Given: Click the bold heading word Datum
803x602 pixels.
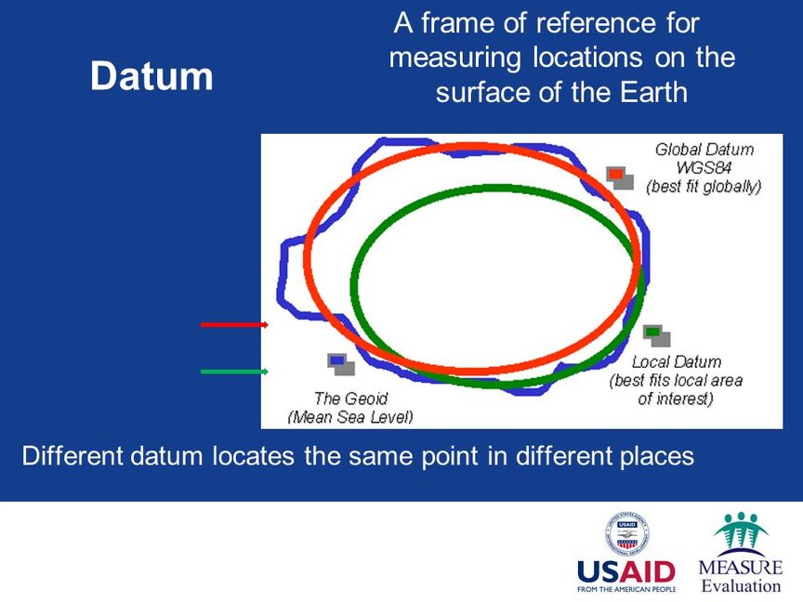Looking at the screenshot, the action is (151, 76).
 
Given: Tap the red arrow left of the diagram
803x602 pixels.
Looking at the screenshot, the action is (234, 324).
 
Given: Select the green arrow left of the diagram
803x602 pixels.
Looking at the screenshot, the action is (234, 371).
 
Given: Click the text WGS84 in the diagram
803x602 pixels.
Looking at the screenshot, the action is (704, 168).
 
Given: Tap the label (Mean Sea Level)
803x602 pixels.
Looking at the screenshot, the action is (350, 417).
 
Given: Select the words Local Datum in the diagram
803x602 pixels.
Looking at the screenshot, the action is (677, 362).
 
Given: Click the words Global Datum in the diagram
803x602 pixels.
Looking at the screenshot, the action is (704, 150).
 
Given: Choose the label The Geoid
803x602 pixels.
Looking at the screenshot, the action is (350, 399).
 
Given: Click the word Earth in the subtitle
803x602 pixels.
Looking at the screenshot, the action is (653, 93).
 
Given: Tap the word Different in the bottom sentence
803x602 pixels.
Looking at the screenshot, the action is (72, 455).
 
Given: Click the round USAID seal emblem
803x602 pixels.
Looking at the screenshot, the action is (626, 534).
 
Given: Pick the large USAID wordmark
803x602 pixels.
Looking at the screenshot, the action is (626, 572).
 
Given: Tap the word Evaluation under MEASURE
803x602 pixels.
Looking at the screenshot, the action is (741, 586).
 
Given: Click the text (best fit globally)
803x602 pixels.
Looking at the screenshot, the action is (704, 187).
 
